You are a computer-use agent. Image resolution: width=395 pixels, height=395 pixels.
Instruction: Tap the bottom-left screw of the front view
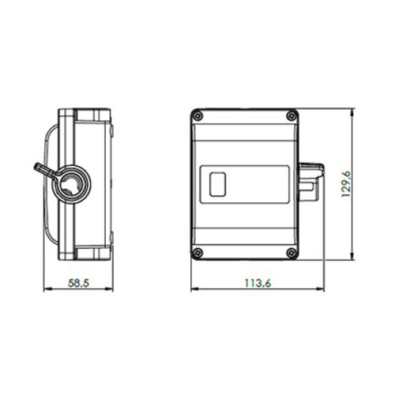coord(197,254)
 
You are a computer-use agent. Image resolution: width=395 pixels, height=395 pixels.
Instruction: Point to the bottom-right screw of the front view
coord(292,254)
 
